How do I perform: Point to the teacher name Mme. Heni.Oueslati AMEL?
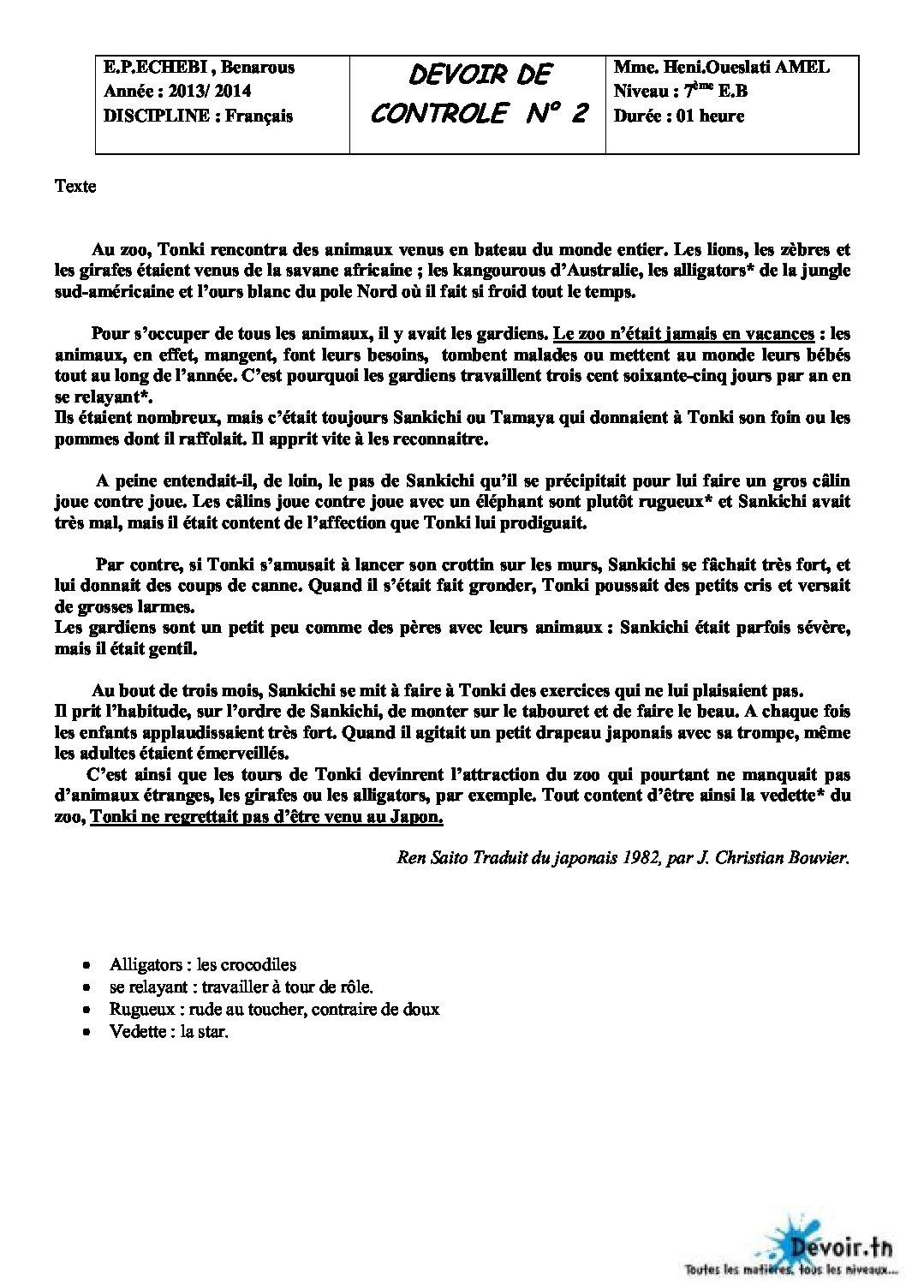[x=721, y=68]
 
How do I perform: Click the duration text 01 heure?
[x=710, y=116]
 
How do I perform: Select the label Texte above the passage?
[x=75, y=187]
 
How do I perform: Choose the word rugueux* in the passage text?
[x=670, y=501]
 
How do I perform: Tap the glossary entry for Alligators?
[x=203, y=965]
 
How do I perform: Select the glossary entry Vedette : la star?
[x=169, y=1031]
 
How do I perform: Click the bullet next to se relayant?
[x=86, y=987]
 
